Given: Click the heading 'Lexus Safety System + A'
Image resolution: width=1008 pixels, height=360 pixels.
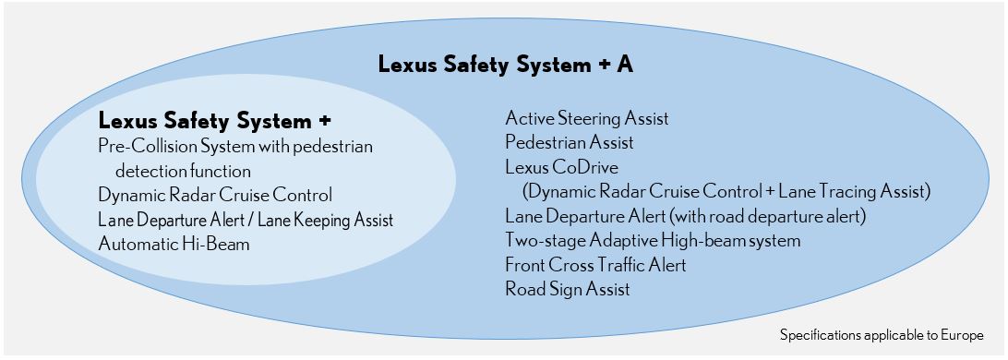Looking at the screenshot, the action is [505, 65].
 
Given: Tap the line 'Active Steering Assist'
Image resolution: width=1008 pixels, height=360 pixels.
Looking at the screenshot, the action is [587, 118].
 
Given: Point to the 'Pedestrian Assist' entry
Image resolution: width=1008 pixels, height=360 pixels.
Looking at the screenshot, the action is [569, 142].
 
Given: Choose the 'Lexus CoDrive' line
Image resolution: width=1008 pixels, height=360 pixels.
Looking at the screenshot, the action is [561, 167].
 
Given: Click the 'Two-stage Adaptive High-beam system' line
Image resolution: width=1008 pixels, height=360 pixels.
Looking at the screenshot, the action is [653, 241].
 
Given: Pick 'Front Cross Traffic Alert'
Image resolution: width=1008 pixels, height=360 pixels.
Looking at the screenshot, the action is [595, 264].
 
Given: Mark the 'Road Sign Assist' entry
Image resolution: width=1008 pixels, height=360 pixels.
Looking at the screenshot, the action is [567, 289].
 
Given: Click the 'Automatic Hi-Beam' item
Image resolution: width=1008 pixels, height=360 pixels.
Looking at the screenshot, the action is [174, 245].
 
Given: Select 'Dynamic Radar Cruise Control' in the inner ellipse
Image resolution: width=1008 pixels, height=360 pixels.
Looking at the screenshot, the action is [215, 194].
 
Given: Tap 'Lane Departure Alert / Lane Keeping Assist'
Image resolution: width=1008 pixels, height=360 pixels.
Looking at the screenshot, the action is [246, 220].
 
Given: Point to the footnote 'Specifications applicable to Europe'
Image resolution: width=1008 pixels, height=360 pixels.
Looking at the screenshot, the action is [882, 335].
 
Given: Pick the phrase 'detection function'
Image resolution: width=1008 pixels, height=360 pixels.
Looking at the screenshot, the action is [183, 171].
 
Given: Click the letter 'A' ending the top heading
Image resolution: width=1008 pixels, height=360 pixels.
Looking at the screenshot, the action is [624, 65].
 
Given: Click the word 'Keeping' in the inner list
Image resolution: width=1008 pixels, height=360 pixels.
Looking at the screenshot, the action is [330, 221].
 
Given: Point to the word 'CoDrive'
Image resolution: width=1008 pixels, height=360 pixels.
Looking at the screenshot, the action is [583, 167].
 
